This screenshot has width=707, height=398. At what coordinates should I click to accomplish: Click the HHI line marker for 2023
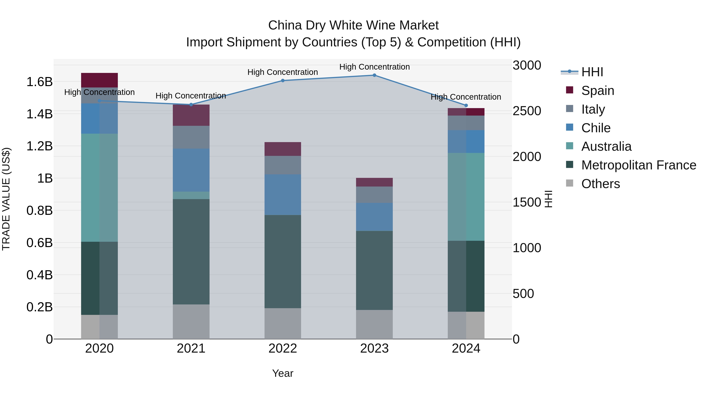click(x=374, y=75)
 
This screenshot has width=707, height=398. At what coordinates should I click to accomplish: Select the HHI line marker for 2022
click(x=283, y=80)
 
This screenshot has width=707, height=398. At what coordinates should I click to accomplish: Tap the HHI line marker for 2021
click(x=191, y=105)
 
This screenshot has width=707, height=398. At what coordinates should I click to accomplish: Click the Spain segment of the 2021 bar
click(x=191, y=115)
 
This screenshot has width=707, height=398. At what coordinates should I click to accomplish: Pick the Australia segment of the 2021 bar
click(x=191, y=195)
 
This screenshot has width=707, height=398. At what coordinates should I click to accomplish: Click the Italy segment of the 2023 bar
click(x=374, y=195)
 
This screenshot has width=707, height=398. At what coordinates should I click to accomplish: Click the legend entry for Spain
click(x=597, y=91)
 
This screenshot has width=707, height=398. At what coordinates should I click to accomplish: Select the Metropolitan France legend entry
click(x=638, y=165)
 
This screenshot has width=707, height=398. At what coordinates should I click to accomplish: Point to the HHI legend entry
click(x=592, y=72)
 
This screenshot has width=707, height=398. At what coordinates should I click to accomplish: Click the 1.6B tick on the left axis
click(x=39, y=82)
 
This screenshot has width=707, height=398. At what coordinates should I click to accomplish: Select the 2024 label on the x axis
click(x=466, y=348)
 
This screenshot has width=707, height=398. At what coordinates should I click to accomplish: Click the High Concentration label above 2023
click(x=374, y=67)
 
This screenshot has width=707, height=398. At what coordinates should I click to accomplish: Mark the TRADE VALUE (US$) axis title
click(x=6, y=199)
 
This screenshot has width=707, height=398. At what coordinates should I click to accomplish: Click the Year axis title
click(x=283, y=373)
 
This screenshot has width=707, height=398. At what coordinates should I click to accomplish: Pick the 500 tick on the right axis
click(x=523, y=294)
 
